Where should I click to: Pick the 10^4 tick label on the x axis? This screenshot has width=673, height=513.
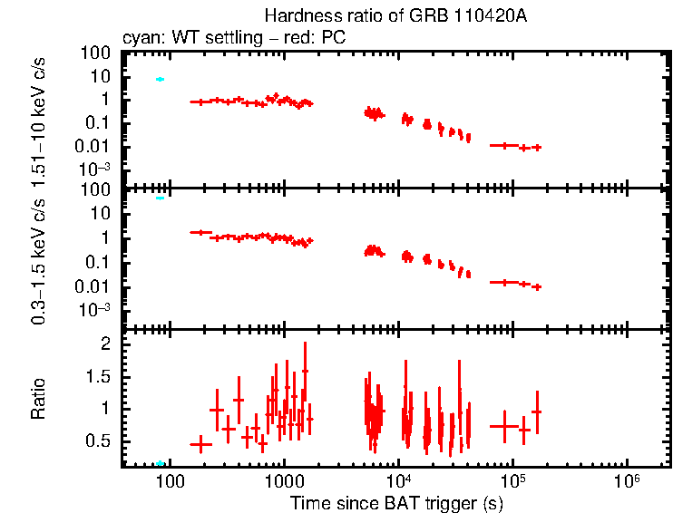(398, 479)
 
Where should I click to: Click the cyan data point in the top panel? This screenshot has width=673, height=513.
(160, 80)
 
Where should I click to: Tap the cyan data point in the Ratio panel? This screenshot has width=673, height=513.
(160, 463)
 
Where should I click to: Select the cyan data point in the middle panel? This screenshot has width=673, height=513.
(160, 198)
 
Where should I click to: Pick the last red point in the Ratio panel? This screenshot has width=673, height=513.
(537, 411)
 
